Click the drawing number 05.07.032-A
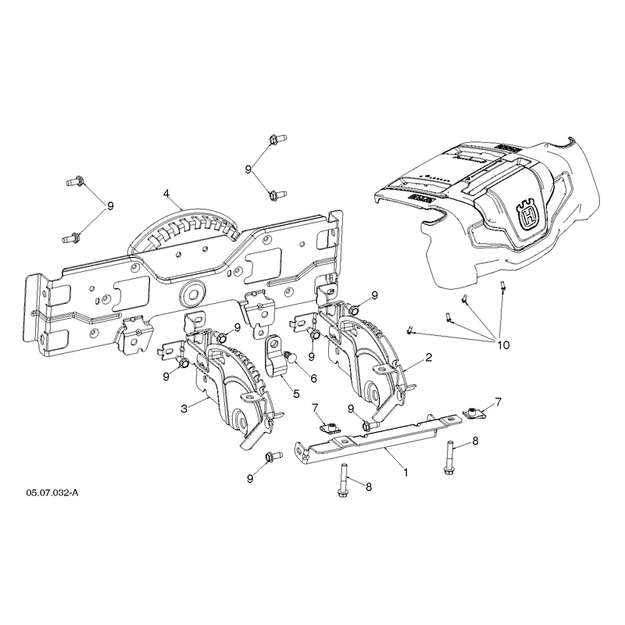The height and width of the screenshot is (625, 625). click(x=52, y=493)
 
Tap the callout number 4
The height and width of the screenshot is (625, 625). click(x=166, y=194)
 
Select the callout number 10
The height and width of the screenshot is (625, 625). click(x=503, y=345)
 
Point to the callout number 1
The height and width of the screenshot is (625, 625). click(x=405, y=473)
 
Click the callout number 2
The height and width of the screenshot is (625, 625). click(x=428, y=357)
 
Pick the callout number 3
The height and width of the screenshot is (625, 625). click(x=184, y=409)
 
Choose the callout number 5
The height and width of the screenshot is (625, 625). click(x=296, y=394)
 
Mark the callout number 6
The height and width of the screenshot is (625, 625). click(x=314, y=378)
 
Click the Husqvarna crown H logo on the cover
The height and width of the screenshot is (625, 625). click(x=529, y=217)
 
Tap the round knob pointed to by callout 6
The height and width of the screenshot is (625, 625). click(x=290, y=357)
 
